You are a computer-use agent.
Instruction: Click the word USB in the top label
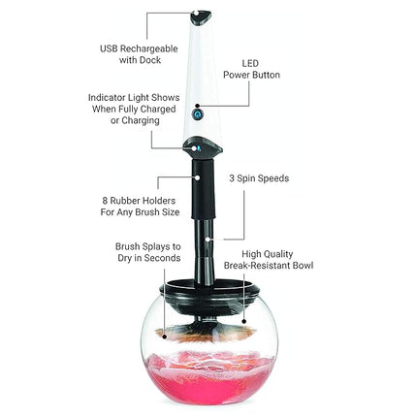click(109, 48)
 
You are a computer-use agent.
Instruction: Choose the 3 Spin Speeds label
click(258, 178)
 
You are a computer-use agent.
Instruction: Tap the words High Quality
click(275, 252)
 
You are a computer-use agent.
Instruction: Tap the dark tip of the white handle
click(201, 16)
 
